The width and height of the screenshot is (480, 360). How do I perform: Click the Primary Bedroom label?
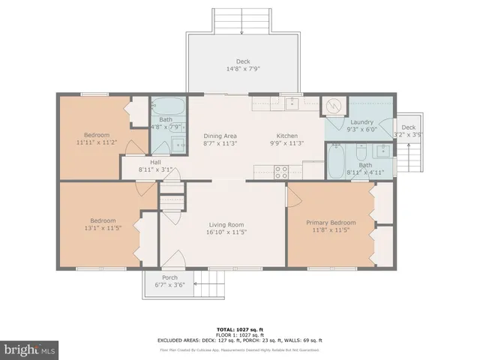[x=331, y=223]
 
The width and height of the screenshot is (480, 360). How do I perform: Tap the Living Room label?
[x=226, y=224]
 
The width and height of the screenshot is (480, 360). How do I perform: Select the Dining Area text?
[x=220, y=136]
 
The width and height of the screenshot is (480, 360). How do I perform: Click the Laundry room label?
[x=361, y=122]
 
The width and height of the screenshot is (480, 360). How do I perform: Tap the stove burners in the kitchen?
[x=282, y=172]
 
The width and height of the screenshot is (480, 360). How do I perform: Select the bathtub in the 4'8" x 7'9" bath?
[x=169, y=106]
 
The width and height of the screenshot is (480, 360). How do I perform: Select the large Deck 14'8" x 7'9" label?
[x=243, y=61]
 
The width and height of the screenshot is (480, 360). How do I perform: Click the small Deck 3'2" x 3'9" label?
[x=408, y=127]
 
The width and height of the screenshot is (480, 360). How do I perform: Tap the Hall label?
[x=155, y=163]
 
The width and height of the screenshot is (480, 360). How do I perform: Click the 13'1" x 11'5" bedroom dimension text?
[x=95, y=228]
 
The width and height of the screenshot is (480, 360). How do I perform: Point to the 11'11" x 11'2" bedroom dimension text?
[x=96, y=142]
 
